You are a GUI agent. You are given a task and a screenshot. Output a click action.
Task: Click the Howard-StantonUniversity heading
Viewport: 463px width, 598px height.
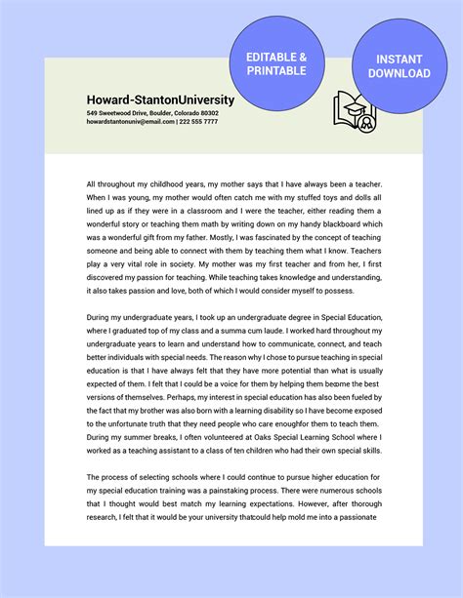(160, 100)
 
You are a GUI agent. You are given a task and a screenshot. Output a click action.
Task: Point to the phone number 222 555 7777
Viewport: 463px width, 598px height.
(199, 123)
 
